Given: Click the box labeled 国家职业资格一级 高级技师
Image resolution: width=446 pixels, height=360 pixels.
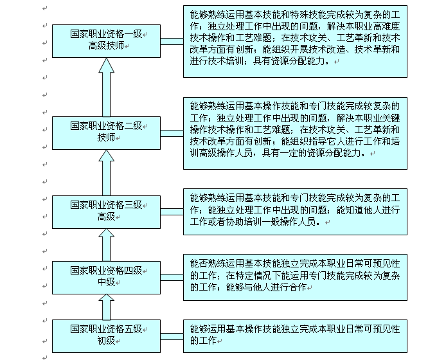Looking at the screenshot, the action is [x=106, y=41].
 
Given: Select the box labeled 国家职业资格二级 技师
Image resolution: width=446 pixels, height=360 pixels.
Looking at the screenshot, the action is [x=106, y=133].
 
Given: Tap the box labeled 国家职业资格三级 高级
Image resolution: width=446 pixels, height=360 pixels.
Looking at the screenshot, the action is [x=106, y=212].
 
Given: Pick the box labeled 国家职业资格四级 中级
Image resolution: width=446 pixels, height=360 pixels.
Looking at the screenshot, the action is [x=106, y=278].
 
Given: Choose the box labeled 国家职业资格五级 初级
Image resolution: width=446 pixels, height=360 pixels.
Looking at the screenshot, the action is [x=106, y=336].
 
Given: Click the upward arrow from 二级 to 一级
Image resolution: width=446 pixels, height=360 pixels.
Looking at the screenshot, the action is [x=107, y=87].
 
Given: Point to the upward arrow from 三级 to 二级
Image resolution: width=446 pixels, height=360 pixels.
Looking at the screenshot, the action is [x=107, y=173].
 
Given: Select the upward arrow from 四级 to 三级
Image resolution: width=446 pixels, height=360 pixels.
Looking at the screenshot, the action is [x=107, y=245].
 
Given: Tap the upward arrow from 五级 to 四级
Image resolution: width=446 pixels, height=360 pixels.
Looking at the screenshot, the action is [x=107, y=307].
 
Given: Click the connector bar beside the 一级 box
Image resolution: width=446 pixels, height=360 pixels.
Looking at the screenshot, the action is [x=172, y=42].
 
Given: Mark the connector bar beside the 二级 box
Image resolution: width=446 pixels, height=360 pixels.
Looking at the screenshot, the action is [x=172, y=133].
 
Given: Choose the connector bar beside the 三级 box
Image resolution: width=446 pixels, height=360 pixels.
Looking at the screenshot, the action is [x=172, y=212].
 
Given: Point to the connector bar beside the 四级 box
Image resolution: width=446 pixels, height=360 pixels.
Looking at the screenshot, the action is [x=172, y=277].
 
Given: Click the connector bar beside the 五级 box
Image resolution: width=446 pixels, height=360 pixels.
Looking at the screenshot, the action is [x=172, y=336].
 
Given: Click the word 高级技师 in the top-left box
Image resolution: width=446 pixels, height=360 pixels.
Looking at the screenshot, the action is [x=106, y=46].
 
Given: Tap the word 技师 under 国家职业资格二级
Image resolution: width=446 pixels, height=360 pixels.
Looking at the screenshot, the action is [x=106, y=138].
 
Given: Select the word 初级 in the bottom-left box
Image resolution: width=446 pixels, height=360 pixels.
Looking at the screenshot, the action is [x=106, y=341].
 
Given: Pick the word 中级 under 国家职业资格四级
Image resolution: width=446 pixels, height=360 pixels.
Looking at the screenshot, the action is [x=106, y=282].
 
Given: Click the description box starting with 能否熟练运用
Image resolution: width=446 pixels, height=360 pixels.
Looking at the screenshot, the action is [x=295, y=277].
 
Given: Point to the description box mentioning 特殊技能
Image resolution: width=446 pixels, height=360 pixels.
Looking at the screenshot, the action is [x=295, y=41].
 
